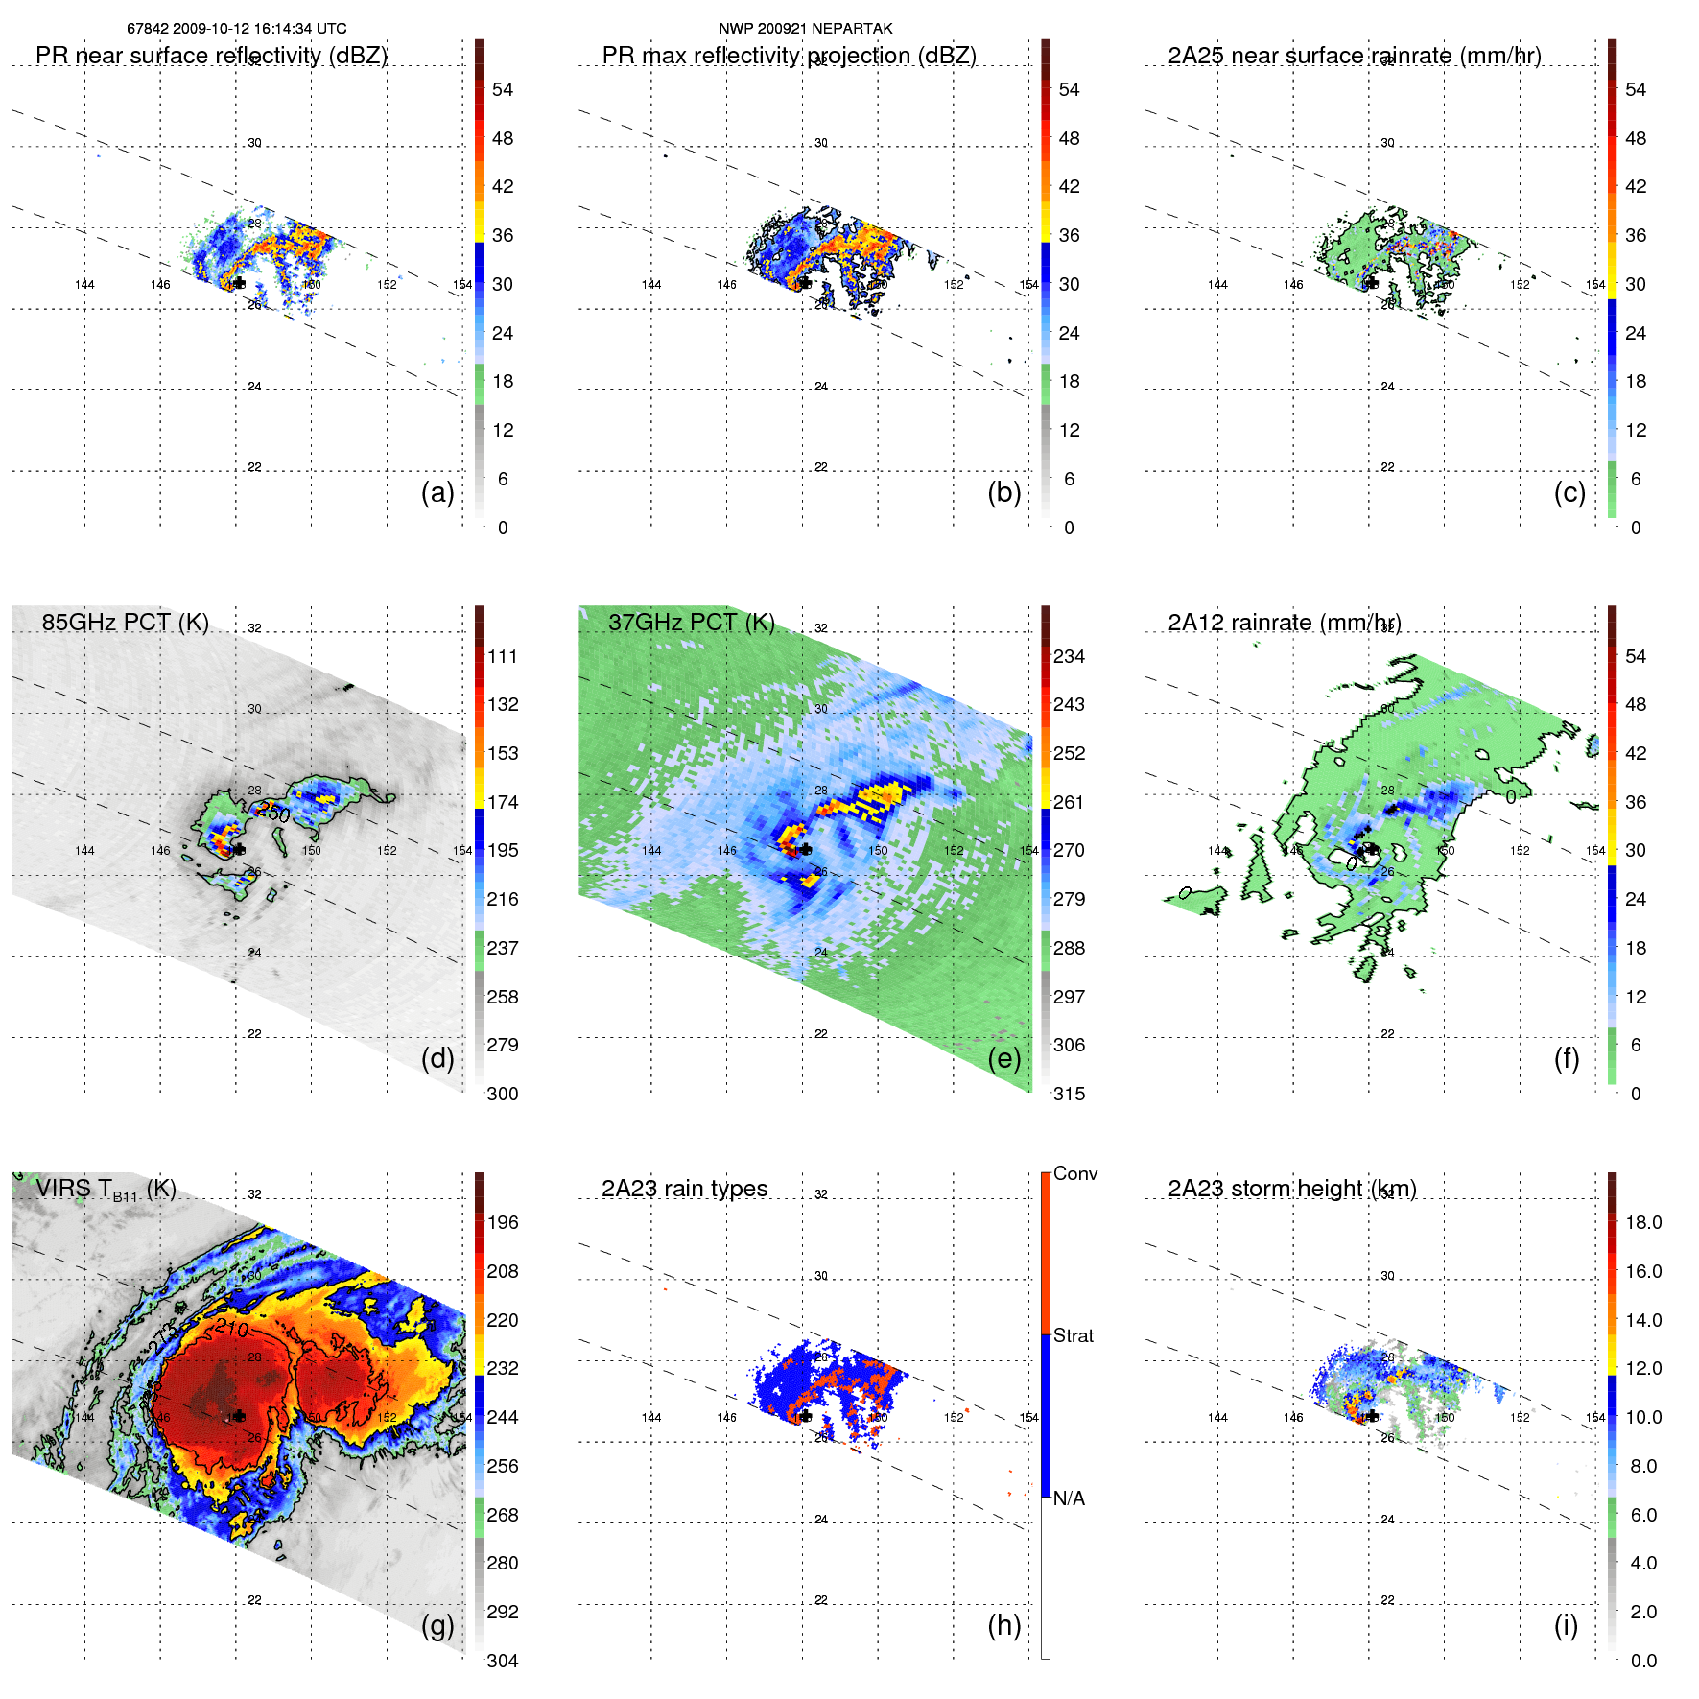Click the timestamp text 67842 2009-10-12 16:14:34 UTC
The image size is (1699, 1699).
(x=237, y=29)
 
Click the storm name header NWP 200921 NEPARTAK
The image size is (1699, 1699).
(x=805, y=29)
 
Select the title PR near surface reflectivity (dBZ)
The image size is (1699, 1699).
(x=211, y=56)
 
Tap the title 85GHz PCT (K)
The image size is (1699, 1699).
(x=125, y=623)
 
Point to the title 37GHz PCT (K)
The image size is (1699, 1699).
(x=691, y=623)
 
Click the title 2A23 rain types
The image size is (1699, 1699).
(x=684, y=1189)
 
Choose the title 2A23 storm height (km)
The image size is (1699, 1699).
(x=1291, y=1189)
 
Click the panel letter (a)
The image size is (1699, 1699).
(x=437, y=492)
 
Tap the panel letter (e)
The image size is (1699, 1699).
(x=1003, y=1058)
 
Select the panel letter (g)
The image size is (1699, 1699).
(x=437, y=1625)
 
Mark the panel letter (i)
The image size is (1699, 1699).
(x=1566, y=1625)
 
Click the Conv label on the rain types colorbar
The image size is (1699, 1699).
(x=1074, y=1173)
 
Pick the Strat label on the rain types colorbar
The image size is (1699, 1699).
(x=1073, y=1335)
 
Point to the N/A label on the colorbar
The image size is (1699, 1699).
(x=1069, y=1498)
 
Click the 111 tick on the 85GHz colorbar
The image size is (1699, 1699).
(x=502, y=656)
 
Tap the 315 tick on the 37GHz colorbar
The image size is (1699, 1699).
(x=1069, y=1094)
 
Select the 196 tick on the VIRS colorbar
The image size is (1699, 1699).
(x=502, y=1222)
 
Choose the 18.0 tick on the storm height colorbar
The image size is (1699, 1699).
(x=1642, y=1222)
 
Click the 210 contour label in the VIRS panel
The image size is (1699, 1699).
(x=232, y=1329)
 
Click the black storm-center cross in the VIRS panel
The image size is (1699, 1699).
(x=239, y=1416)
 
